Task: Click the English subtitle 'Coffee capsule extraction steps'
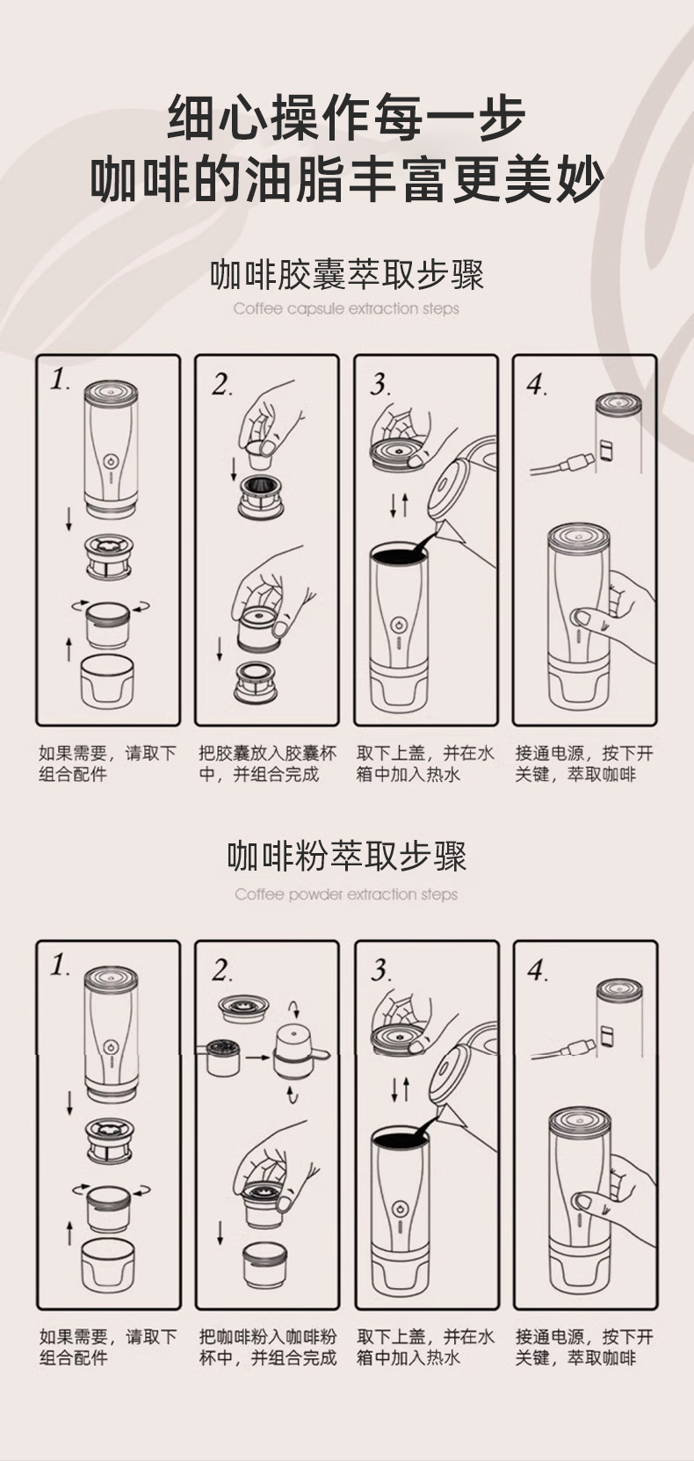point(346,308)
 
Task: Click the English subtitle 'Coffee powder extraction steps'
point(346,894)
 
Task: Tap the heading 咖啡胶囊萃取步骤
point(347,275)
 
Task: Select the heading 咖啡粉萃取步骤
point(347,857)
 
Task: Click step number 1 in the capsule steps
point(60,380)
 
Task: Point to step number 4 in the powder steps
point(537,971)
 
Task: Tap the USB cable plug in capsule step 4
point(576,462)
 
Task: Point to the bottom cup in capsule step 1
point(108,683)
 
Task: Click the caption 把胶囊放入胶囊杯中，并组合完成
point(267,763)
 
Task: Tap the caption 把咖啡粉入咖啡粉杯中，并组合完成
point(267,1348)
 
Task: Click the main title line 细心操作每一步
point(346,118)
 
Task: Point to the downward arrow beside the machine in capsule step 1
point(69,520)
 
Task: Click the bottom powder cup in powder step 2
point(264,1265)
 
